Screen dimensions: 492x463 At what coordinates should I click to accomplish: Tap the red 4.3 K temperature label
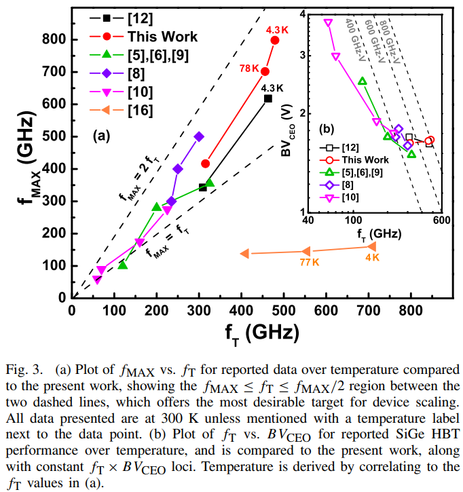(277, 30)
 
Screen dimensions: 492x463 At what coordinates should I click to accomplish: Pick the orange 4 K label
(373, 258)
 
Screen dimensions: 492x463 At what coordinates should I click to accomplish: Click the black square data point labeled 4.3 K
(268, 98)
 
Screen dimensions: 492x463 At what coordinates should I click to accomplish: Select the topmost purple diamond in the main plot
(199, 136)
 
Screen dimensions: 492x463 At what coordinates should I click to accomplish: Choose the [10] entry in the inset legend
(351, 197)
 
